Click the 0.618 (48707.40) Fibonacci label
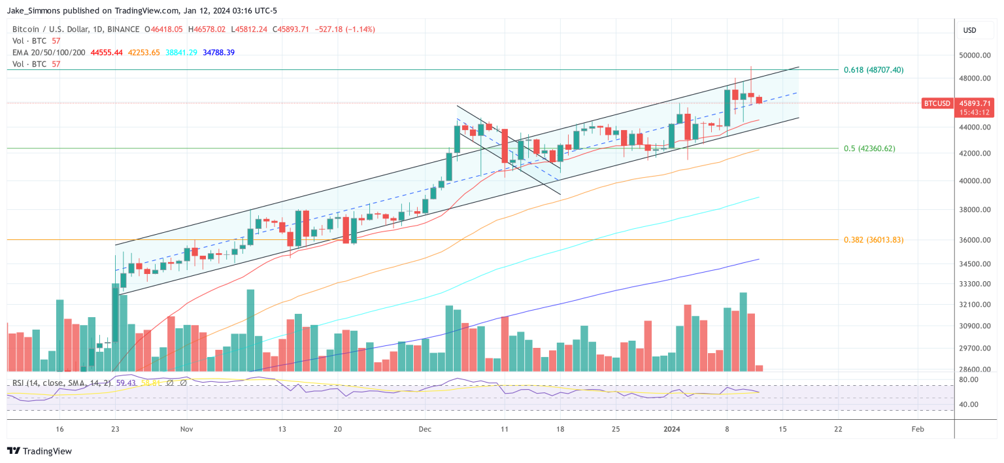[x=873, y=69]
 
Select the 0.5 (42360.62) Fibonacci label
[x=869, y=148]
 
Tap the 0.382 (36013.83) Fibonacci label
[x=873, y=240]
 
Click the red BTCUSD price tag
[x=937, y=103]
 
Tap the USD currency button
[x=969, y=30]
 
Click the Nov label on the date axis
[x=187, y=430]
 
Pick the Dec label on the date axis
[x=425, y=430]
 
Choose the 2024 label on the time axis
[x=672, y=430]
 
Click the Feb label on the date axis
[x=918, y=430]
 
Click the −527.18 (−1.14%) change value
[x=344, y=29]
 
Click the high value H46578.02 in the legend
[x=207, y=29]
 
